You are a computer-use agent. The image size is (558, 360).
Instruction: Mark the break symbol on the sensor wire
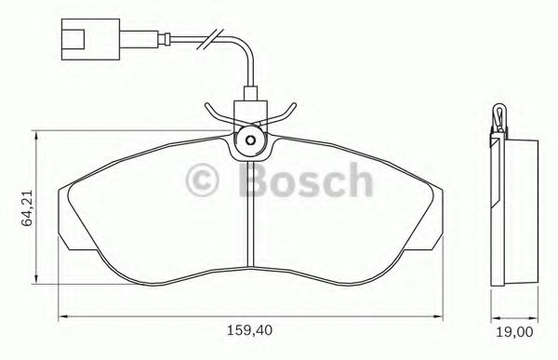point(214,40)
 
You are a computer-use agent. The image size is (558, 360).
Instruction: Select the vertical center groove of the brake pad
point(250,214)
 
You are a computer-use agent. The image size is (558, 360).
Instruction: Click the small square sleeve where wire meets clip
point(249,95)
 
